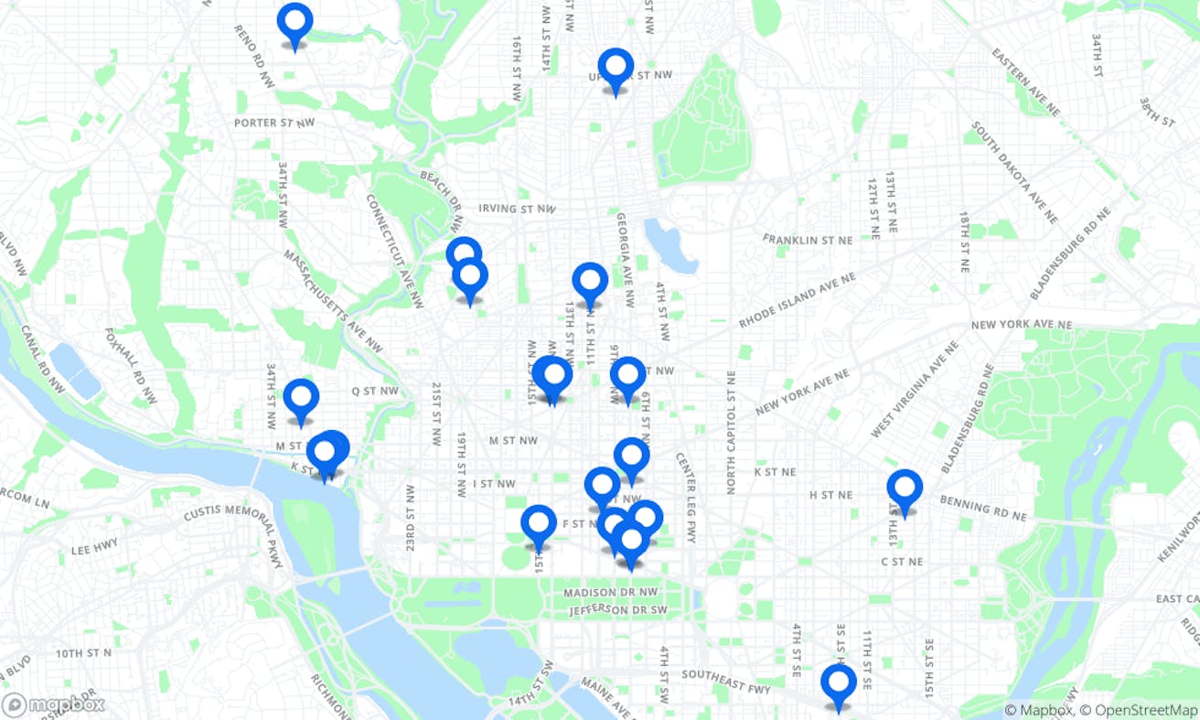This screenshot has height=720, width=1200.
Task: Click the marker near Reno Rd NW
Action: [x=295, y=23]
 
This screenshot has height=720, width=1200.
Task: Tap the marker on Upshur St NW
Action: [x=616, y=69]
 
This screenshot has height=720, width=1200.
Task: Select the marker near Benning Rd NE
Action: [x=905, y=489]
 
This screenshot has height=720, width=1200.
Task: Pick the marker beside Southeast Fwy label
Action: [x=838, y=685]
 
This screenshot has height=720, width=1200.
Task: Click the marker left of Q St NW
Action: [x=301, y=399]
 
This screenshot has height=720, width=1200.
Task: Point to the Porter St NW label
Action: [x=274, y=123]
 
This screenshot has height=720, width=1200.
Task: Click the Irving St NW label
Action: [x=517, y=209]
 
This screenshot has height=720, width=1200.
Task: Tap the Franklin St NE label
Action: [x=808, y=240]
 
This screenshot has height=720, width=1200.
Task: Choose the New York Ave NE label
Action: [x=1021, y=324]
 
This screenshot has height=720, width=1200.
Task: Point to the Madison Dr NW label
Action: [x=610, y=594]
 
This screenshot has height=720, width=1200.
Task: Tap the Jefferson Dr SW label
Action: [x=617, y=610]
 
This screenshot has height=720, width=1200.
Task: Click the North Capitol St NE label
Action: [x=731, y=433]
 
